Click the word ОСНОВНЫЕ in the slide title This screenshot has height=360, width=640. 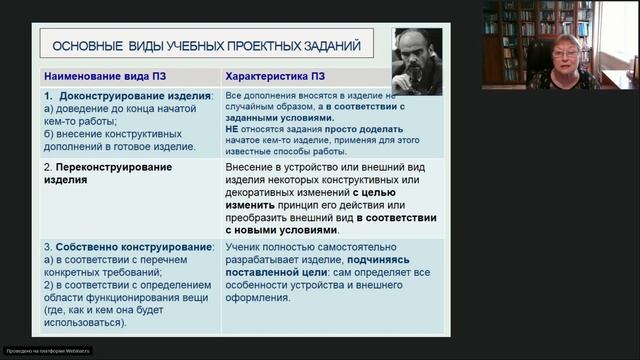(x=83, y=45)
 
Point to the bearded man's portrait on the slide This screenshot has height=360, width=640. (x=417, y=61)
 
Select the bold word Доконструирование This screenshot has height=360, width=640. (x=113, y=96)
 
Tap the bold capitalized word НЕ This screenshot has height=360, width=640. (x=233, y=130)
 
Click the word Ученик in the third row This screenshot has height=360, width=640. (x=244, y=245)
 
